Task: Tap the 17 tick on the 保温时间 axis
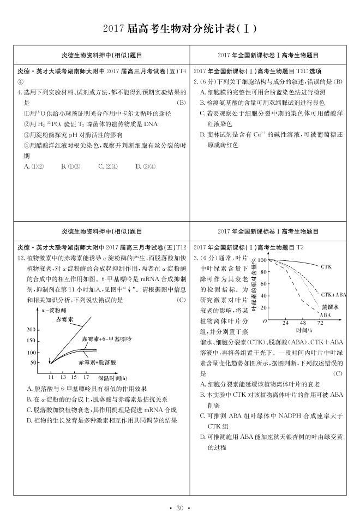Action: (86, 377)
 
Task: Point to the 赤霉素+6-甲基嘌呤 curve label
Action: (106, 340)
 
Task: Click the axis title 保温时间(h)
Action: (112, 377)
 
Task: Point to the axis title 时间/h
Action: (303, 330)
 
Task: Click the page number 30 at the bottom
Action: (179, 508)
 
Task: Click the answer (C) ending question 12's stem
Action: (181, 300)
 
